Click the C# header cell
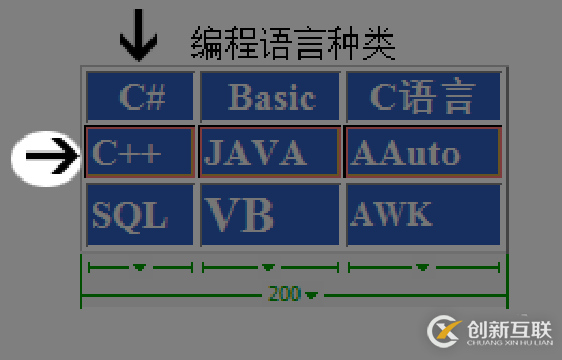(x=140, y=96)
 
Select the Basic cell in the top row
(x=270, y=96)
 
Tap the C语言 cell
(x=422, y=96)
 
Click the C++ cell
(x=140, y=152)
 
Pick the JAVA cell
(x=270, y=152)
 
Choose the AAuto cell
(x=422, y=152)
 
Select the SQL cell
(x=140, y=214)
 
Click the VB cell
(x=270, y=214)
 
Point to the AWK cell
(x=422, y=214)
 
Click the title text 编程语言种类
(x=293, y=42)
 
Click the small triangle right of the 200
(x=312, y=295)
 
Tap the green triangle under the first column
(x=140, y=268)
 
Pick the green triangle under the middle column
(x=268, y=268)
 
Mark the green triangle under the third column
(x=423, y=268)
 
